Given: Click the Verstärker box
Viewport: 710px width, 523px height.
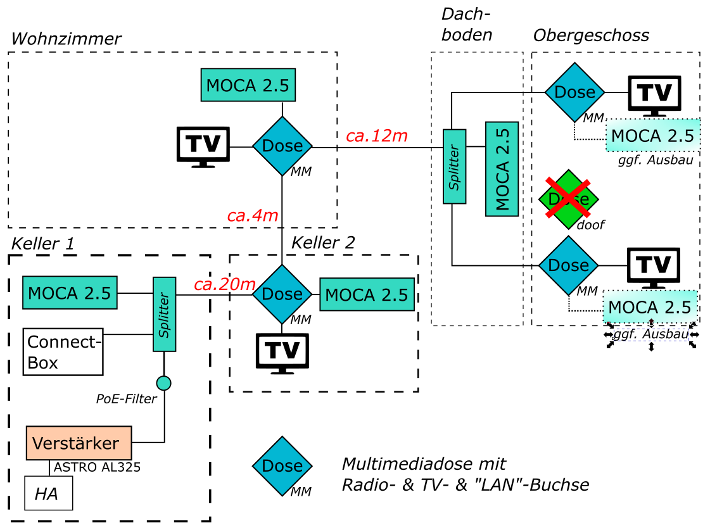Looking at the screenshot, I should [79, 443].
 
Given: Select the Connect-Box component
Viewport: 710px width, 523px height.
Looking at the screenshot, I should [63, 351].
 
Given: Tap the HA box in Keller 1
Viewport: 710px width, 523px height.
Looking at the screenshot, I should [48, 494].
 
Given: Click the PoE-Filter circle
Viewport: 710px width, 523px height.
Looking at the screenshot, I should [164, 382].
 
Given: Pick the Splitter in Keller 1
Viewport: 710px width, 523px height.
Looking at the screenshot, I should [164, 313].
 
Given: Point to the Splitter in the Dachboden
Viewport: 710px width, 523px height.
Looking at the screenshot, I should [454, 167].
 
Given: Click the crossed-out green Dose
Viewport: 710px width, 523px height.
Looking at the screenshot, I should [568, 199].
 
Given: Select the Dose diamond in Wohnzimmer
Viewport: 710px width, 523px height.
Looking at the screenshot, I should [282, 146].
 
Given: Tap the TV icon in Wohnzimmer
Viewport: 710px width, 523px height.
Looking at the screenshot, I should [203, 147].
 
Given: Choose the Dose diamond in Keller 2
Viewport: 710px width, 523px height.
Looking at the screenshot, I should [282, 294].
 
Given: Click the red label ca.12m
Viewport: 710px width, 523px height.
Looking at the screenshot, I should [376, 136].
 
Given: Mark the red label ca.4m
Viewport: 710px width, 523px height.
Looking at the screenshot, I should [253, 215].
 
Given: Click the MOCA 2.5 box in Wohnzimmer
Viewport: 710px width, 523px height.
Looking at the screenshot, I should [248, 85].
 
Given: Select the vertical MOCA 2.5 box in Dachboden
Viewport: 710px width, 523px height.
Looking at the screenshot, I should [502, 169].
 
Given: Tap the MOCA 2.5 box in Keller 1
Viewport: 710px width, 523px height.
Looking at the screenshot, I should [70, 293].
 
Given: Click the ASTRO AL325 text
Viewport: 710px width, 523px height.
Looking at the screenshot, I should [97, 468].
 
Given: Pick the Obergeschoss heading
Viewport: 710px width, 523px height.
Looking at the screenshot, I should [591, 35].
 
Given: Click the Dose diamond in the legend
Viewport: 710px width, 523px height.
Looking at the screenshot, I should [282, 466].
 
